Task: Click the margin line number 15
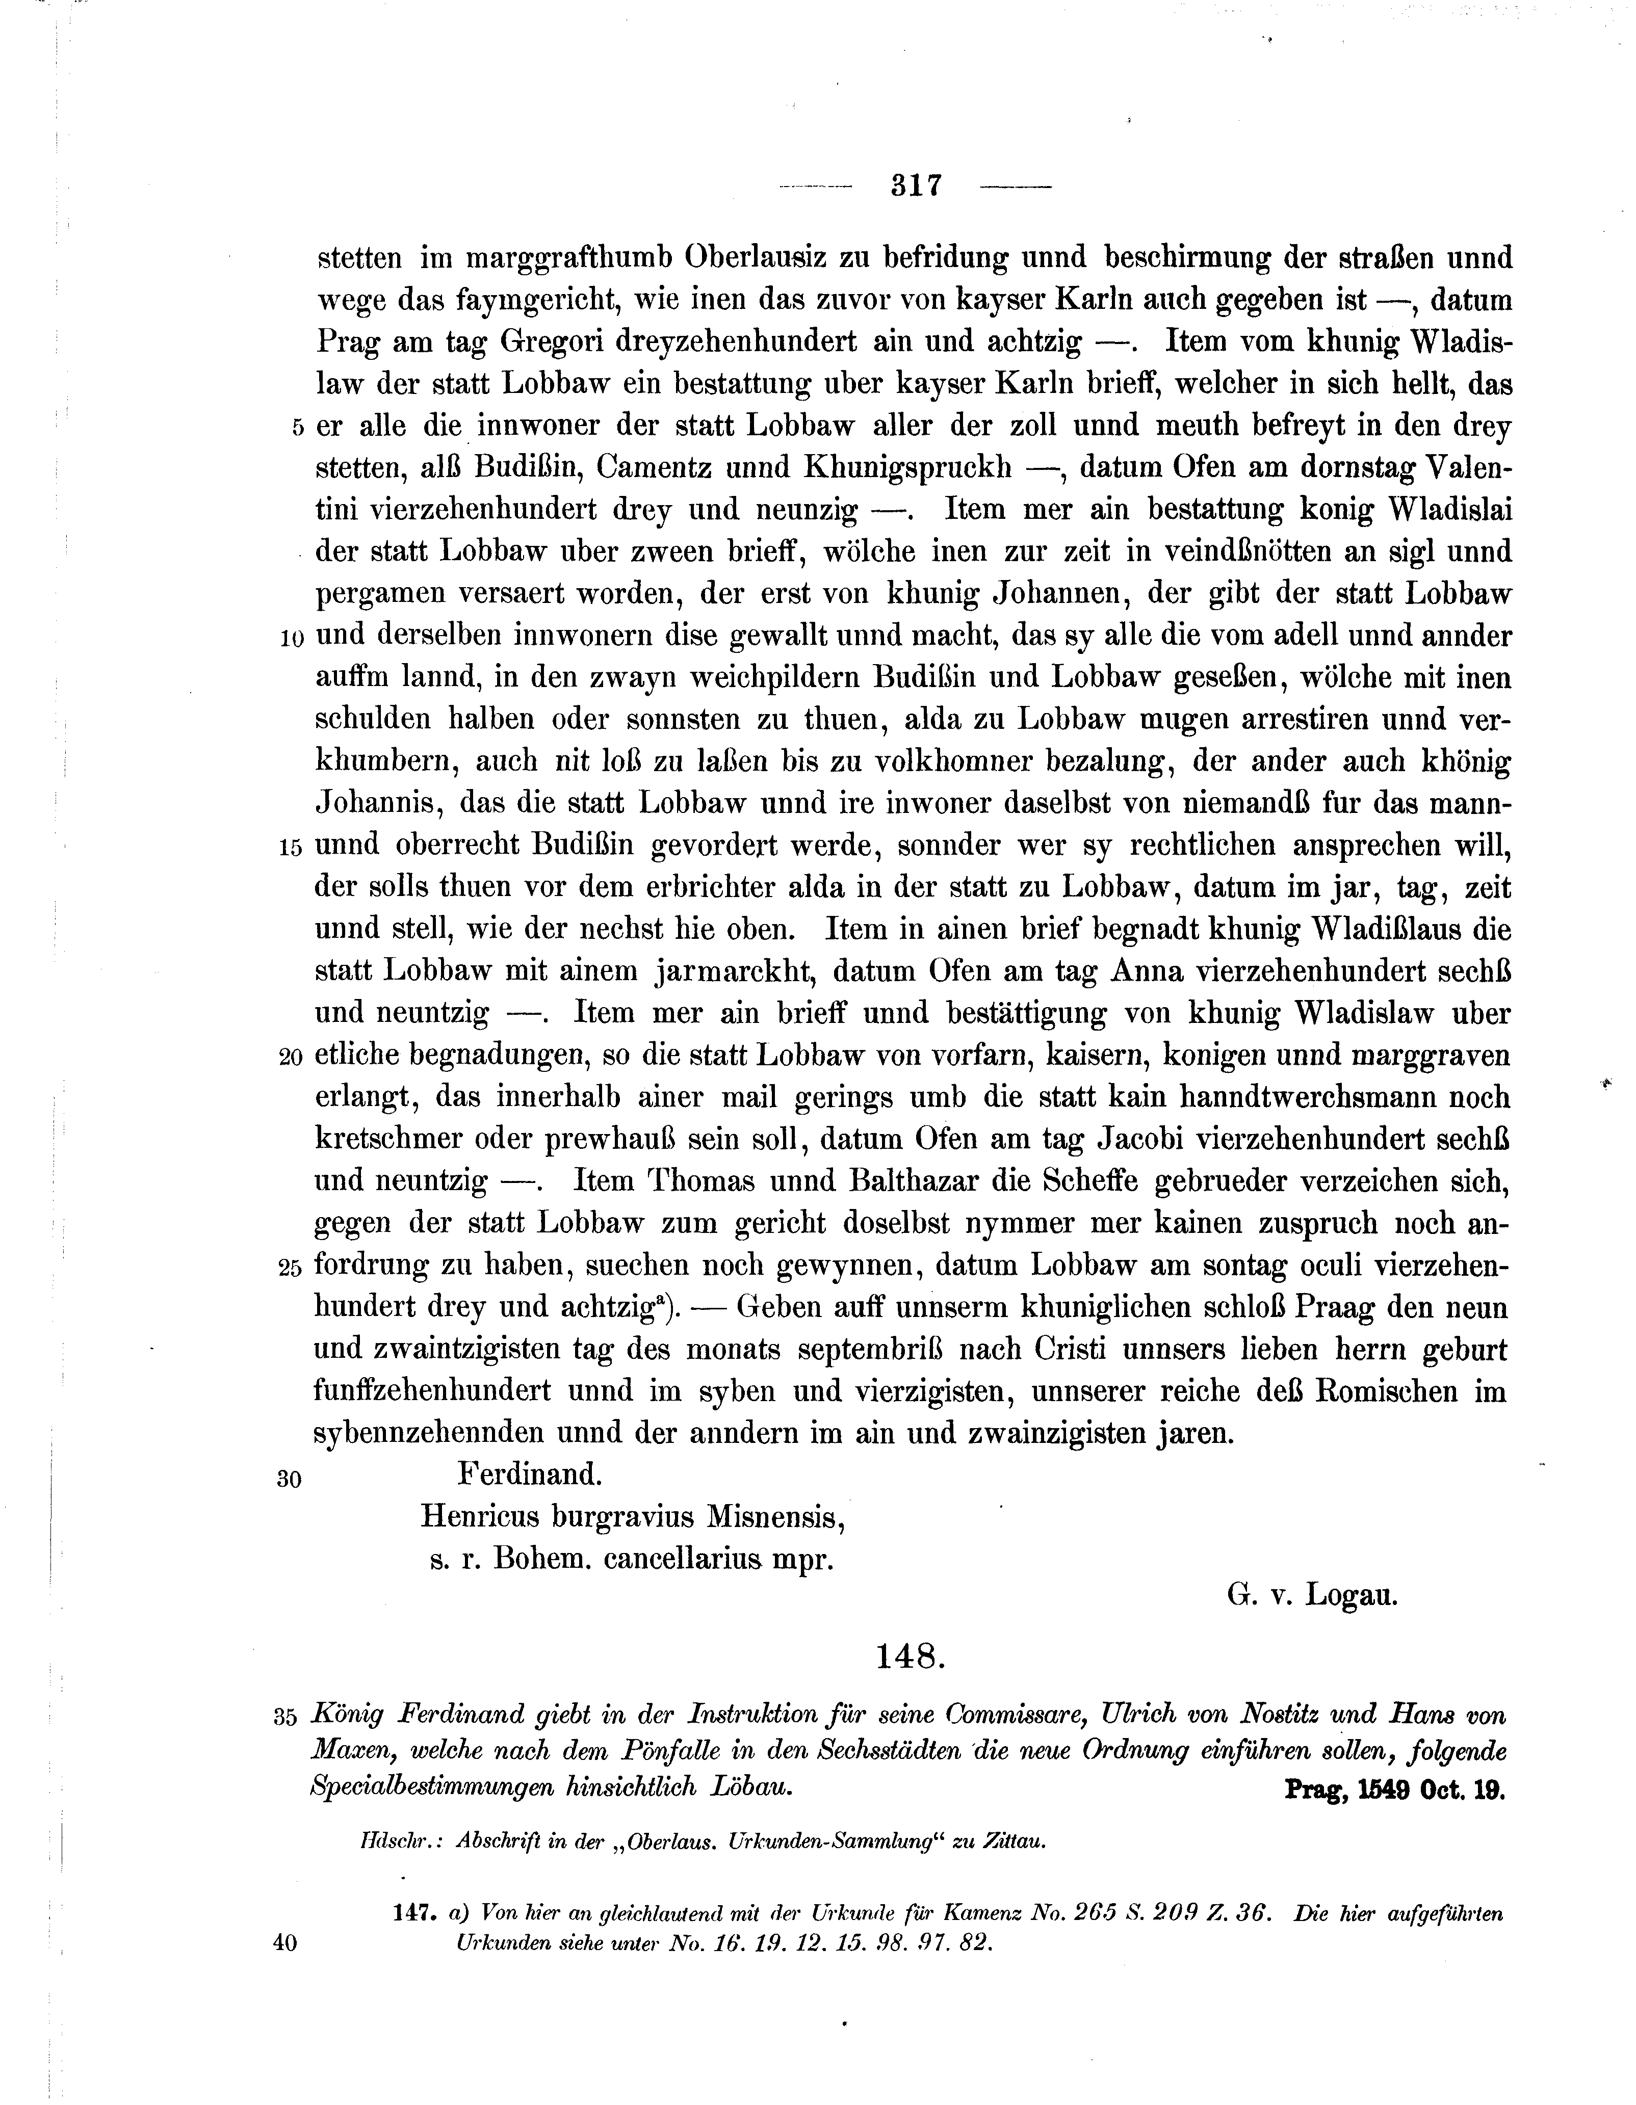[290, 848]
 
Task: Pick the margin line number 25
[290, 1269]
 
